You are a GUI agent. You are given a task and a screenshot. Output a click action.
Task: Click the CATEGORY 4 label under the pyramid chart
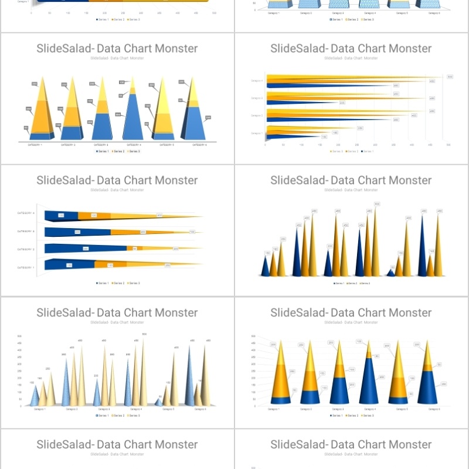[133, 144]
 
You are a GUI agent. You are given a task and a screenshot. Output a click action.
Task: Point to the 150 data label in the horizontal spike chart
[324, 137]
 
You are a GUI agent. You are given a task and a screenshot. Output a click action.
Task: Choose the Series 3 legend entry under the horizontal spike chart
[336, 151]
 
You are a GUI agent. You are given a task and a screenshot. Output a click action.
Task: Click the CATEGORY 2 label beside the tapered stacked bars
[26, 249]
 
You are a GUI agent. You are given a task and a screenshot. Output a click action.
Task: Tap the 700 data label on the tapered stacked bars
[192, 232]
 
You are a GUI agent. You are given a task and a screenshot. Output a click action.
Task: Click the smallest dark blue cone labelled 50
[391, 272]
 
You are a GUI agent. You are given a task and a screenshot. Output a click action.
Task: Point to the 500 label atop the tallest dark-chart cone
[377, 204]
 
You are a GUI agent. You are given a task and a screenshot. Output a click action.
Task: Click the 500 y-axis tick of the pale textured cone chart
[20, 336]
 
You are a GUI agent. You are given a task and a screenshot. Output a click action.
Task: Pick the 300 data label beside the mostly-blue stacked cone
[381, 377]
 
